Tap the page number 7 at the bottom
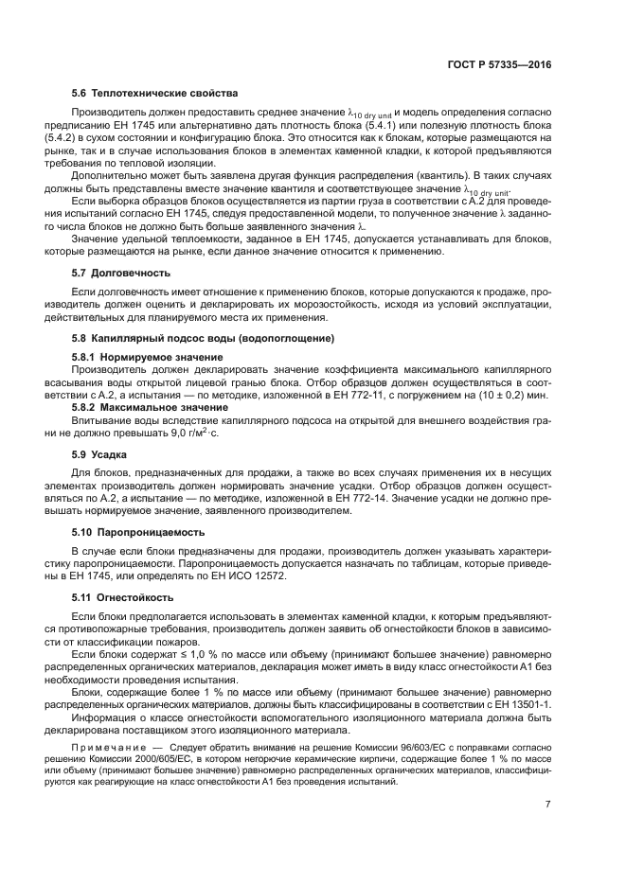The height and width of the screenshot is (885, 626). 548,805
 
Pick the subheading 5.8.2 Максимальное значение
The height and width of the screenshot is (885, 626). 151,406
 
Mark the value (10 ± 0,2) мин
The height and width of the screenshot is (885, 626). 513,394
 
